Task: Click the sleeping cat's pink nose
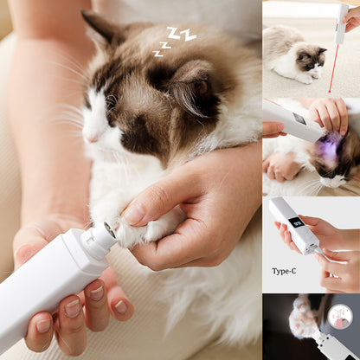[x=93, y=139]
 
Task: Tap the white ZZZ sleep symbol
[x=175, y=41]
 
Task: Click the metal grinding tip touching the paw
[x=111, y=229]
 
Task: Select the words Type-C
[x=284, y=271]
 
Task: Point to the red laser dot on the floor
[x=330, y=92]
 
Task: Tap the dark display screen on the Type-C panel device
[x=296, y=223]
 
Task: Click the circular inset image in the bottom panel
[x=340, y=317]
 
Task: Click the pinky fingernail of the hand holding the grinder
[x=120, y=306]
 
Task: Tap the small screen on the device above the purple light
[x=299, y=119]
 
